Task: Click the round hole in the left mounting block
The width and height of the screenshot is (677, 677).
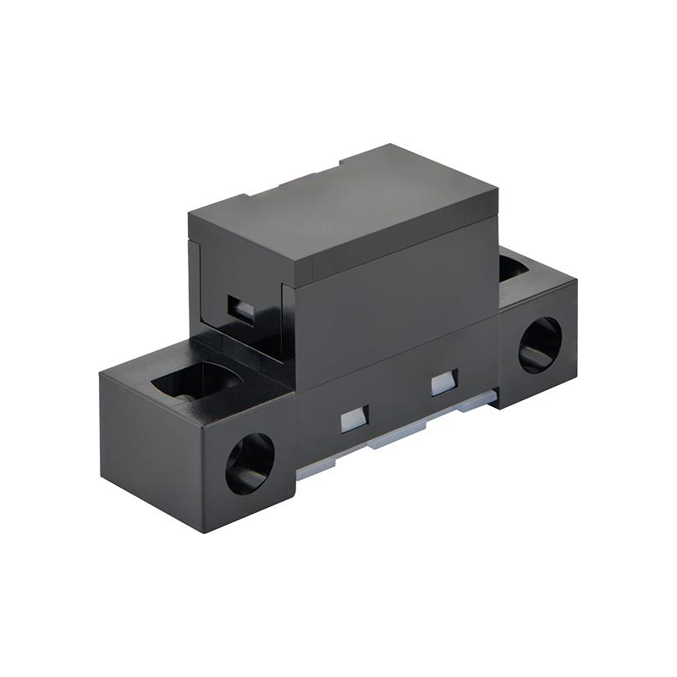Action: [x=250, y=463]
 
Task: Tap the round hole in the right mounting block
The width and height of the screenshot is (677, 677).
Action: [x=539, y=344]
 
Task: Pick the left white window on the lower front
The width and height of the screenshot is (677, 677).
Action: [x=353, y=418]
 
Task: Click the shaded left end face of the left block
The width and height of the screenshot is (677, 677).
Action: [x=152, y=449]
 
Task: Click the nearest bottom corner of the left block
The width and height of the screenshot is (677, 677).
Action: [x=206, y=531]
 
